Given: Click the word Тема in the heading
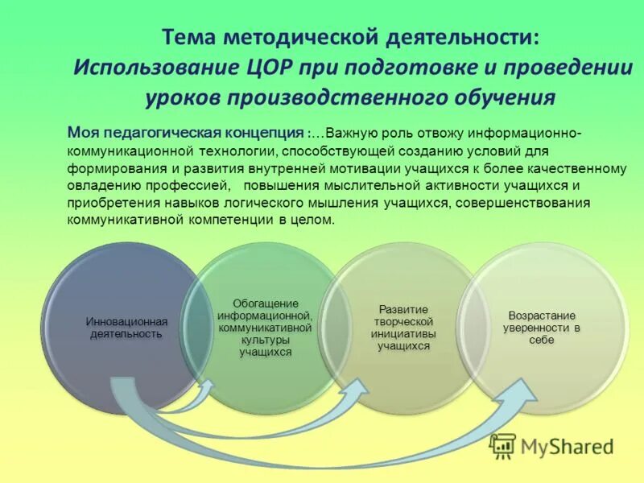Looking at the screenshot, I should point(192,37).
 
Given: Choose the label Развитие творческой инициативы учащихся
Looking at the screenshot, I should point(403,328).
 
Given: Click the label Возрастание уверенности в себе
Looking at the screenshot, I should point(542,328).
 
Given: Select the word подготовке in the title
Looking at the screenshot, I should point(424,67).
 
